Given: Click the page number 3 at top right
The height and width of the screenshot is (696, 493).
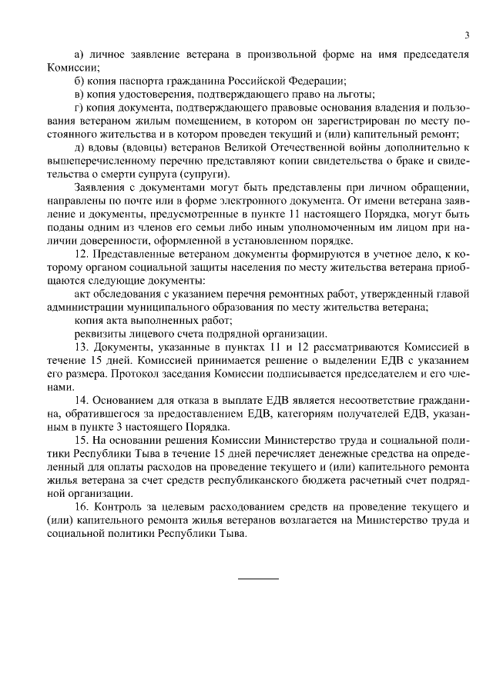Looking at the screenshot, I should coord(467,35).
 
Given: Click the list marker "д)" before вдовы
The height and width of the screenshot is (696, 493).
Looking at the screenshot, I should coord(79,147).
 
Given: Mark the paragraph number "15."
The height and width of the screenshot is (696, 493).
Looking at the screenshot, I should coord(82,440).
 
